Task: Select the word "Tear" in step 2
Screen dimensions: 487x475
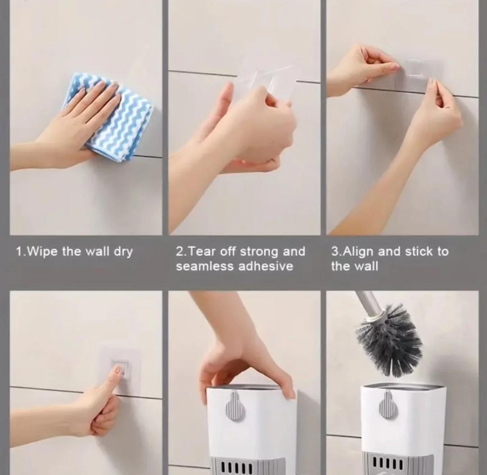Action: [x=202, y=251]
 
